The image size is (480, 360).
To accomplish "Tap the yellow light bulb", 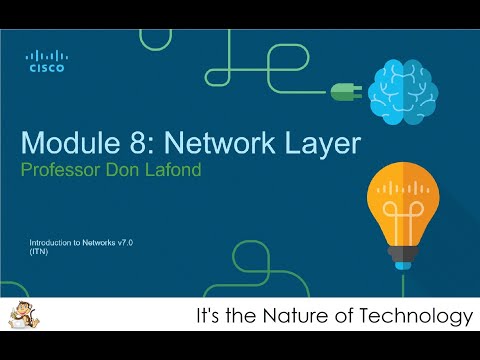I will (404, 204).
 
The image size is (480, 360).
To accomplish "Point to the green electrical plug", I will (343, 92).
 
